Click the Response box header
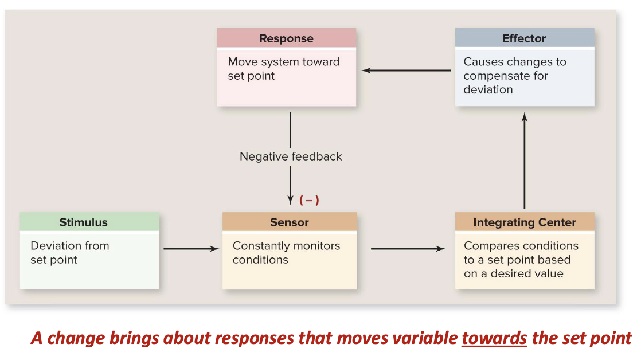pyautogui.click(x=286, y=38)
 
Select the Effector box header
pyautogui.click(x=524, y=38)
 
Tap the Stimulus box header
pyautogui.click(x=83, y=222)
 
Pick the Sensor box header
pyautogui.click(x=289, y=222)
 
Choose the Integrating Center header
pyautogui.click(x=524, y=222)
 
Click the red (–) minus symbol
pyautogui.click(x=309, y=200)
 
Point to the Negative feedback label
pyautogui.click(x=291, y=156)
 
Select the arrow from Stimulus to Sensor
pyautogui.click(x=191, y=249)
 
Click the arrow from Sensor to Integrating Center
pyautogui.click(x=408, y=249)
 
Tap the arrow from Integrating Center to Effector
pyautogui.click(x=524, y=161)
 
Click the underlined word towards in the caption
pyautogui.click(x=494, y=338)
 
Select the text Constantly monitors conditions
pyautogui.click(x=286, y=253)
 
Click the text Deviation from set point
pyautogui.click(x=69, y=253)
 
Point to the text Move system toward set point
pyautogui.click(x=283, y=69)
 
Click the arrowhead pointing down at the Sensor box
pyautogui.click(x=291, y=198)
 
